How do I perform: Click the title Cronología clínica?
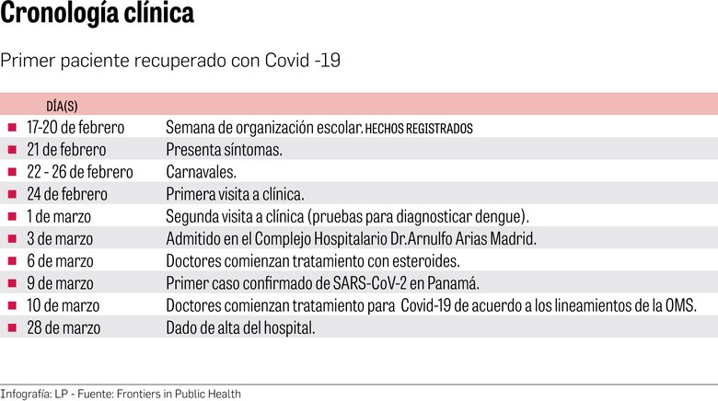click(x=97, y=17)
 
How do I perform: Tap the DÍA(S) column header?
click(x=62, y=107)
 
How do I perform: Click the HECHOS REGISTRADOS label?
click(x=419, y=129)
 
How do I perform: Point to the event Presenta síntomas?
click(x=224, y=149)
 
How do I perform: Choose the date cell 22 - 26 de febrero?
click(x=80, y=172)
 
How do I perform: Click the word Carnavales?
click(x=201, y=172)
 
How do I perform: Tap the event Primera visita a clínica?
click(x=235, y=194)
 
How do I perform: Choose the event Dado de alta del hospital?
click(x=240, y=327)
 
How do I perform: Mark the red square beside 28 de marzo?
click(x=12, y=327)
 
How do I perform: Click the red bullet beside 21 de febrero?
click(x=12, y=149)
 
